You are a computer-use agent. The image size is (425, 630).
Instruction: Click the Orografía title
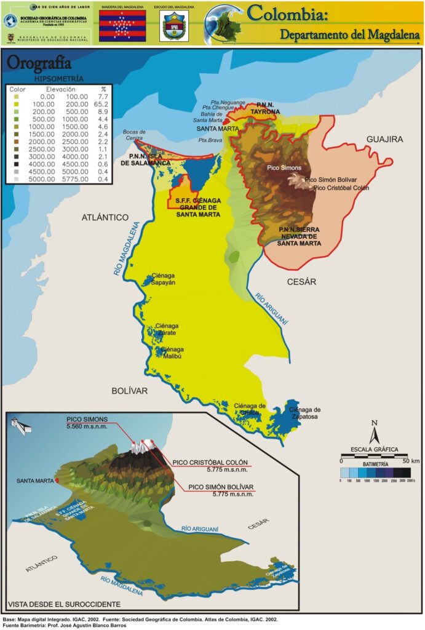(39, 63)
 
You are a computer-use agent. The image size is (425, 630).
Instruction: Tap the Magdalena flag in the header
(122, 26)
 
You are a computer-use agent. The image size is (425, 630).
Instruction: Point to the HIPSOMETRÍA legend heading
(60, 79)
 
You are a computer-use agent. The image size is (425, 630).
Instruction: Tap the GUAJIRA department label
(384, 140)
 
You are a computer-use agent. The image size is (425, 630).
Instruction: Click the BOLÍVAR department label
(130, 391)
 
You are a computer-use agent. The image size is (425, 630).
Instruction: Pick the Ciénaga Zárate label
(167, 329)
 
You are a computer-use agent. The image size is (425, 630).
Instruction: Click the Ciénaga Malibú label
(172, 353)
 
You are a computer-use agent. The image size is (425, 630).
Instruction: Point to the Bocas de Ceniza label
(134, 135)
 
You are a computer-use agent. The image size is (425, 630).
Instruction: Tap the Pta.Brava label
(210, 140)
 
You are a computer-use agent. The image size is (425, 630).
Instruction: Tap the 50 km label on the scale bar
(411, 460)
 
